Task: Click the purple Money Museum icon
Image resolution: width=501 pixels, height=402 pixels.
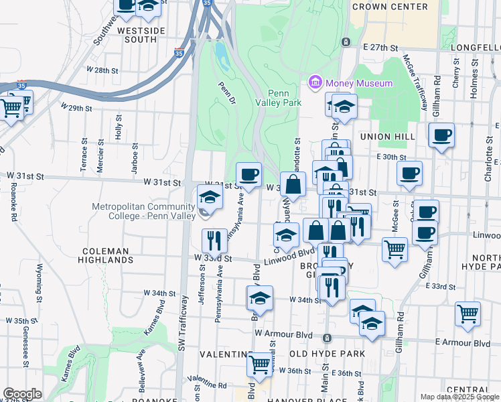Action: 315,83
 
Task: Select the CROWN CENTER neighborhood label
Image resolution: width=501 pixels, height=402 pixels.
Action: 389,7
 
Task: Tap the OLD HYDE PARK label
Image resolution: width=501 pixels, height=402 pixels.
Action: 327,353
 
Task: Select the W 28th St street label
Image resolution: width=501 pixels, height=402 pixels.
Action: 102,70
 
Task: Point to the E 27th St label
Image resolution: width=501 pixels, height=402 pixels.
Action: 380,48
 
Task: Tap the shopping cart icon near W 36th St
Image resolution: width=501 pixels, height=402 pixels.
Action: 259,364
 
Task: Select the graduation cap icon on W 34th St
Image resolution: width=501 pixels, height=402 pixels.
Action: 261,298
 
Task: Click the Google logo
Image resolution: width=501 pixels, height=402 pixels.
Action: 23,394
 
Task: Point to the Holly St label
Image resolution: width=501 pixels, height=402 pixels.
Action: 119,127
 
